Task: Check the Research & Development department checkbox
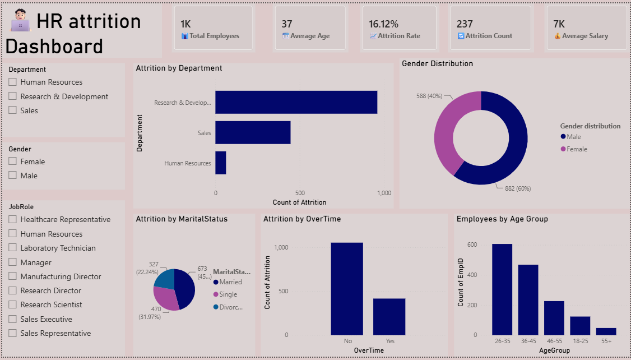click(x=12, y=96)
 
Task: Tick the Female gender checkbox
click(x=12, y=161)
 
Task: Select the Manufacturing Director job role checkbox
click(x=12, y=276)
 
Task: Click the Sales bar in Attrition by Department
click(x=253, y=132)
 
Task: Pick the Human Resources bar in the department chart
click(x=221, y=163)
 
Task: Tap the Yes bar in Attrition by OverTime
click(x=389, y=316)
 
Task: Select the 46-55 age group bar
click(x=554, y=318)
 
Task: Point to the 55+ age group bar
click(x=606, y=331)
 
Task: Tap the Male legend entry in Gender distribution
click(x=570, y=137)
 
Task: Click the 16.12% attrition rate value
click(x=383, y=24)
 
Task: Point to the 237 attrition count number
click(x=465, y=24)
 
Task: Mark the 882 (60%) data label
click(x=518, y=188)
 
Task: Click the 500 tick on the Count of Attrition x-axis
click(x=300, y=193)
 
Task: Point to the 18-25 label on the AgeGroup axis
click(x=580, y=341)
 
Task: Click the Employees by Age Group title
click(x=502, y=219)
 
